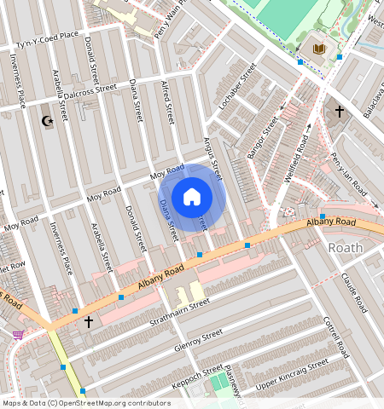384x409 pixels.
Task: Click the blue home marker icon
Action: tap(192, 197)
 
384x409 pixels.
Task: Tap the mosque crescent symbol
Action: tap(48, 121)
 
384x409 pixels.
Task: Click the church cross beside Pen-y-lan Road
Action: tap(339, 112)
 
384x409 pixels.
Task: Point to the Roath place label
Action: tap(346, 248)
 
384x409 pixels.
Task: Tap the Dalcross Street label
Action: tap(83, 89)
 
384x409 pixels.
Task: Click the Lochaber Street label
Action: tap(237, 90)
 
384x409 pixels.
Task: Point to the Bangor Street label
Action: tap(262, 138)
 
